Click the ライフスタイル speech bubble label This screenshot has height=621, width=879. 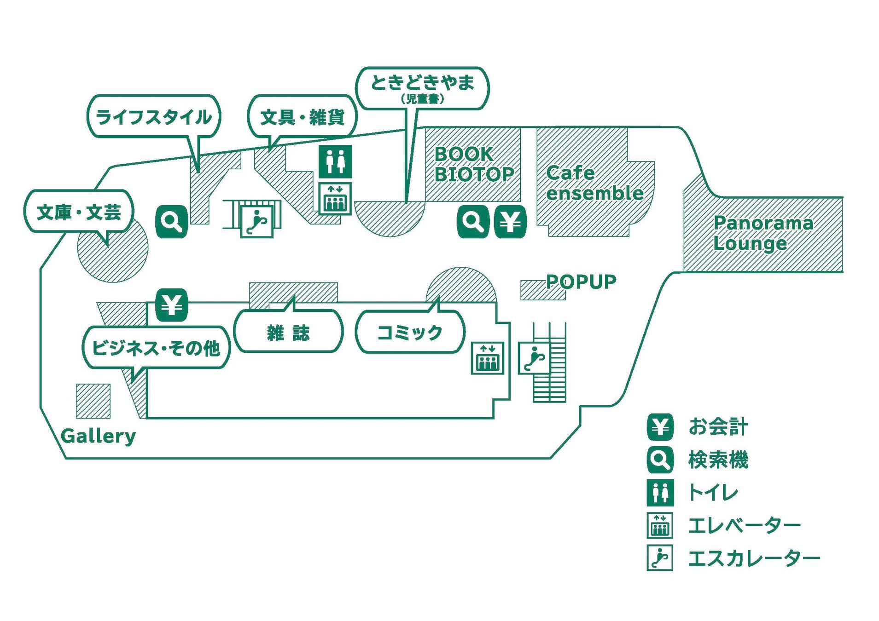click(153, 117)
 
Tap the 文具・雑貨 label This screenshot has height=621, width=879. click(302, 117)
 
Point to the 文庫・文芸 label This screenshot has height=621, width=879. click(79, 212)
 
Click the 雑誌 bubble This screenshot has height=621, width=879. click(288, 332)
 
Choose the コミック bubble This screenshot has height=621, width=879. click(409, 332)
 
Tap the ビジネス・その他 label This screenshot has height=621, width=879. click(156, 348)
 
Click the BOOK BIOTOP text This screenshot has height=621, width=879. click(474, 164)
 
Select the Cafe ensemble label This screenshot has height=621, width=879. click(594, 183)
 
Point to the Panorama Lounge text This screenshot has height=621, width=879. click(763, 233)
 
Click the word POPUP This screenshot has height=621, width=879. click(581, 282)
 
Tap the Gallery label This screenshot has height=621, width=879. click(98, 436)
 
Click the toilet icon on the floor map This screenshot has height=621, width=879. click(335, 161)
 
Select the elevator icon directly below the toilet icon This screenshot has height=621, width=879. click(335, 199)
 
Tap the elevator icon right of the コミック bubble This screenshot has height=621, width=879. click(487, 358)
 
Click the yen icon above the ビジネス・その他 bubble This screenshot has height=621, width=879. click(172, 305)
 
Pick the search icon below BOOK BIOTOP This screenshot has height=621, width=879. click(472, 222)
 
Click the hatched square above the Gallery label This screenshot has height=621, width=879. click(93, 401)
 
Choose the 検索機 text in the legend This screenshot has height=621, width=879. click(718, 460)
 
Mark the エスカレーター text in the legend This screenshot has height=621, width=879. click(753, 558)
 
